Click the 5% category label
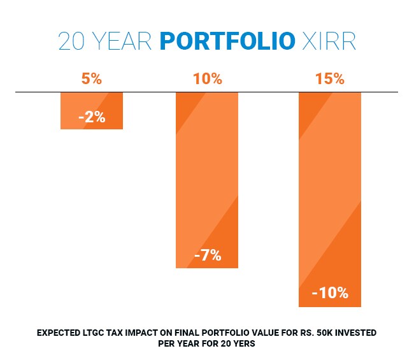91,80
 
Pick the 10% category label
207,80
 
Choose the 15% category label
329,80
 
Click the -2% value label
92,117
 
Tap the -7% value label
208,256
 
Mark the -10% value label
330,293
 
